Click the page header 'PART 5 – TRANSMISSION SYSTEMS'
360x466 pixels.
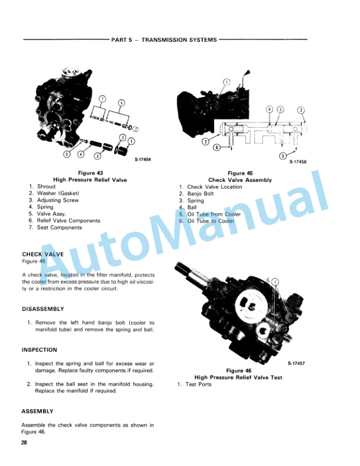click(x=164, y=39)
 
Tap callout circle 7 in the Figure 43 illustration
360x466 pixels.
click(x=102, y=99)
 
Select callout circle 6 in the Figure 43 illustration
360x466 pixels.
click(x=122, y=103)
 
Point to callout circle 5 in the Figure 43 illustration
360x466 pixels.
click(x=68, y=155)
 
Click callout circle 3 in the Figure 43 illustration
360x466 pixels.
click(x=98, y=155)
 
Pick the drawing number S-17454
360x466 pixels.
click(x=142, y=159)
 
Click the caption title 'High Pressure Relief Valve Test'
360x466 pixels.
click(x=238, y=377)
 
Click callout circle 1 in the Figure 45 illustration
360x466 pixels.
click(x=226, y=82)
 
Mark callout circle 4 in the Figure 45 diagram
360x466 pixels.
click(x=269, y=109)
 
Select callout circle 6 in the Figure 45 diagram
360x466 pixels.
click(x=217, y=147)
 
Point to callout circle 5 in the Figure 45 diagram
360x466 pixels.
click(x=283, y=155)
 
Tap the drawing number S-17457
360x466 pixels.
click(x=296, y=363)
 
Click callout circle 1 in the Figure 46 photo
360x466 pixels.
click(x=275, y=281)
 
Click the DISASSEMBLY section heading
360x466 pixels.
click(x=43, y=309)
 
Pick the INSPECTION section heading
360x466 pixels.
click(x=39, y=350)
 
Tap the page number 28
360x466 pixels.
click(x=24, y=442)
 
